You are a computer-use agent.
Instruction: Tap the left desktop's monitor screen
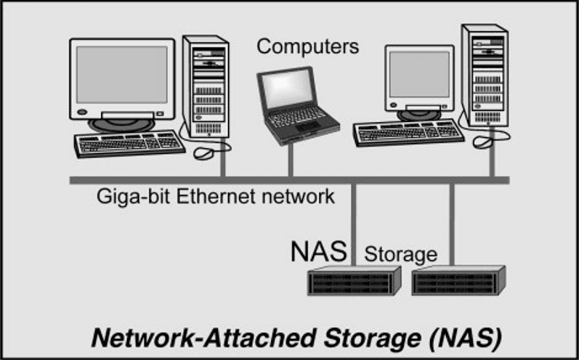click(123, 75)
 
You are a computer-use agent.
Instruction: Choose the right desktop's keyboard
click(408, 132)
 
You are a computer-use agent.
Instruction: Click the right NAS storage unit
click(459, 280)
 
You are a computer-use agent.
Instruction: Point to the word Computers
click(307, 45)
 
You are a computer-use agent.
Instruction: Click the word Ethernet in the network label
click(234, 197)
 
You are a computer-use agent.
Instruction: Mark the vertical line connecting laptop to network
click(291, 160)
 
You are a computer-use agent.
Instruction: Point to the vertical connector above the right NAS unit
click(452, 223)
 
